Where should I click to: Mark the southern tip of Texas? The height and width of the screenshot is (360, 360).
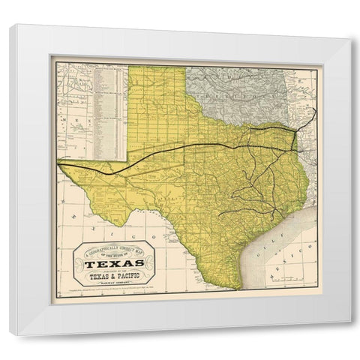point(238,289)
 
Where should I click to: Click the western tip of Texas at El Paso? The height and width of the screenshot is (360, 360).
point(59,163)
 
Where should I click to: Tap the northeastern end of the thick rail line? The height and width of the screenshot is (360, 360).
point(315,110)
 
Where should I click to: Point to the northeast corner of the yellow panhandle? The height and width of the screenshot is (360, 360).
point(186,67)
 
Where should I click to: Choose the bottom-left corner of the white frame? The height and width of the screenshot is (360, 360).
point(10,334)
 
